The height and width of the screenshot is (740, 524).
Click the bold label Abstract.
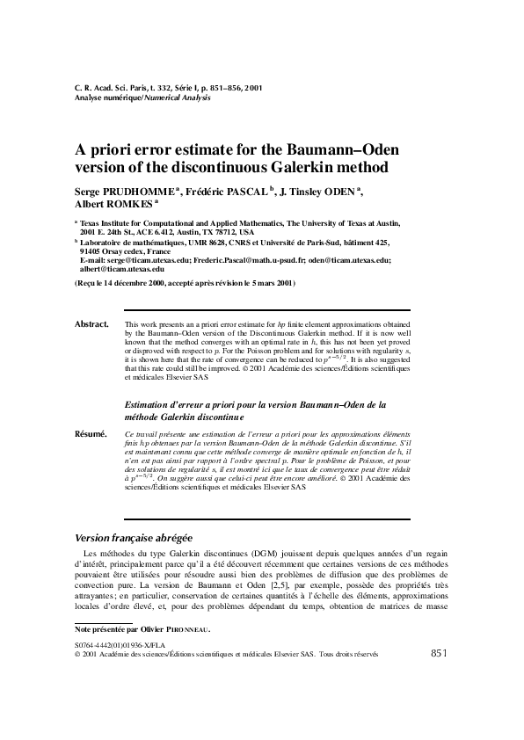point(91,324)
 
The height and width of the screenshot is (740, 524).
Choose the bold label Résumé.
point(91,434)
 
